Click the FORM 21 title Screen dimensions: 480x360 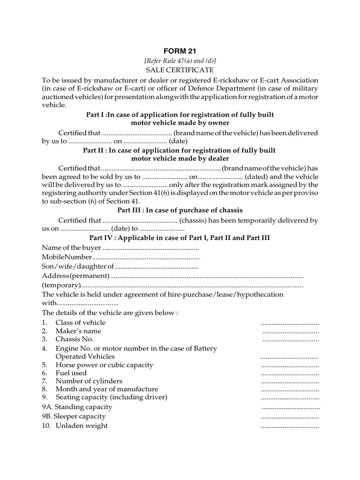click(180, 51)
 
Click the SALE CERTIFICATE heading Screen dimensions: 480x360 click(180, 70)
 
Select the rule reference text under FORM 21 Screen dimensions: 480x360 click(180, 60)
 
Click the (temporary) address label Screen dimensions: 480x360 click(61, 285)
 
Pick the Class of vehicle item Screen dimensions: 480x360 click(80, 322)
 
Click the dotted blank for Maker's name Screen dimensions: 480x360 click(291, 331)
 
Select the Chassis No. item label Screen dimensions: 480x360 click(75, 339)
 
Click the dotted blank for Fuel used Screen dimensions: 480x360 click(290, 373)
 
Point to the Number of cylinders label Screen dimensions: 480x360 click(89, 381)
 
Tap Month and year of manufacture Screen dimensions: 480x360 click(106, 389)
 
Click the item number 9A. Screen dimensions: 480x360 click(47, 407)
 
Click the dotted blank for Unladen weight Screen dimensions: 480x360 click(290, 426)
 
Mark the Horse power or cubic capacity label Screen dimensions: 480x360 click(104, 365)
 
